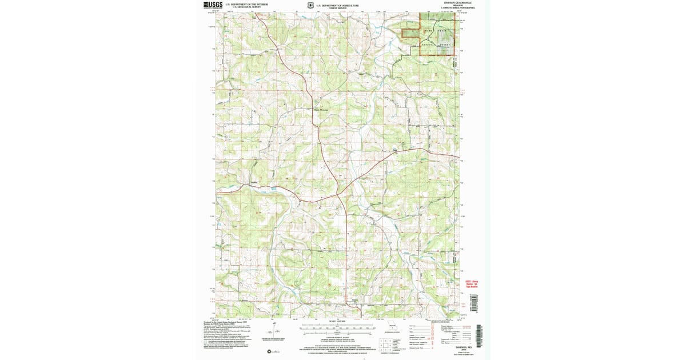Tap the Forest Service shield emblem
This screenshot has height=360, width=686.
[310, 5]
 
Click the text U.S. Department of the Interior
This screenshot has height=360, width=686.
[246, 5]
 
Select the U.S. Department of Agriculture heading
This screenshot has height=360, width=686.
[342, 5]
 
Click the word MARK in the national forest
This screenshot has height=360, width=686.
[428, 30]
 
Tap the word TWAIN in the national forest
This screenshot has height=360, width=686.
[442, 30]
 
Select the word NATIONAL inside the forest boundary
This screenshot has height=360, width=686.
[429, 44]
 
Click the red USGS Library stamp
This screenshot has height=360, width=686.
[467, 284]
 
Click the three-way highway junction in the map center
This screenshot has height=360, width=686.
[338, 194]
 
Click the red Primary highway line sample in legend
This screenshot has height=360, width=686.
[465, 326]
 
